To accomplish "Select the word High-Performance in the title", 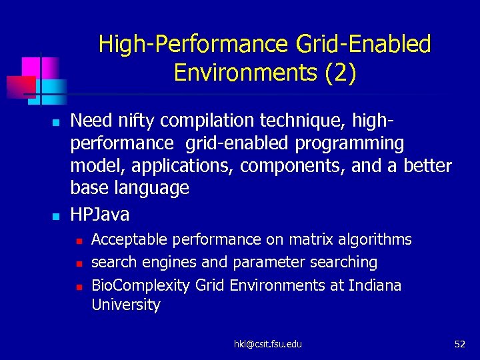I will coord(192,45).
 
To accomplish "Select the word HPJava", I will coord(100,215).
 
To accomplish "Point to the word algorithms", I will coord(375,239).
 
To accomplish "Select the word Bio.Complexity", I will coord(141,285).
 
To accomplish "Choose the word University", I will coord(126,305).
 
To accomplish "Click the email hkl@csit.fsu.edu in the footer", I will coord(267,344).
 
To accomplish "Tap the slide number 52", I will coord(459,344).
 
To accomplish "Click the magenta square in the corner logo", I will coord(31,67).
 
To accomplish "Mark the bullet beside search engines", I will coord(78,263).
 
